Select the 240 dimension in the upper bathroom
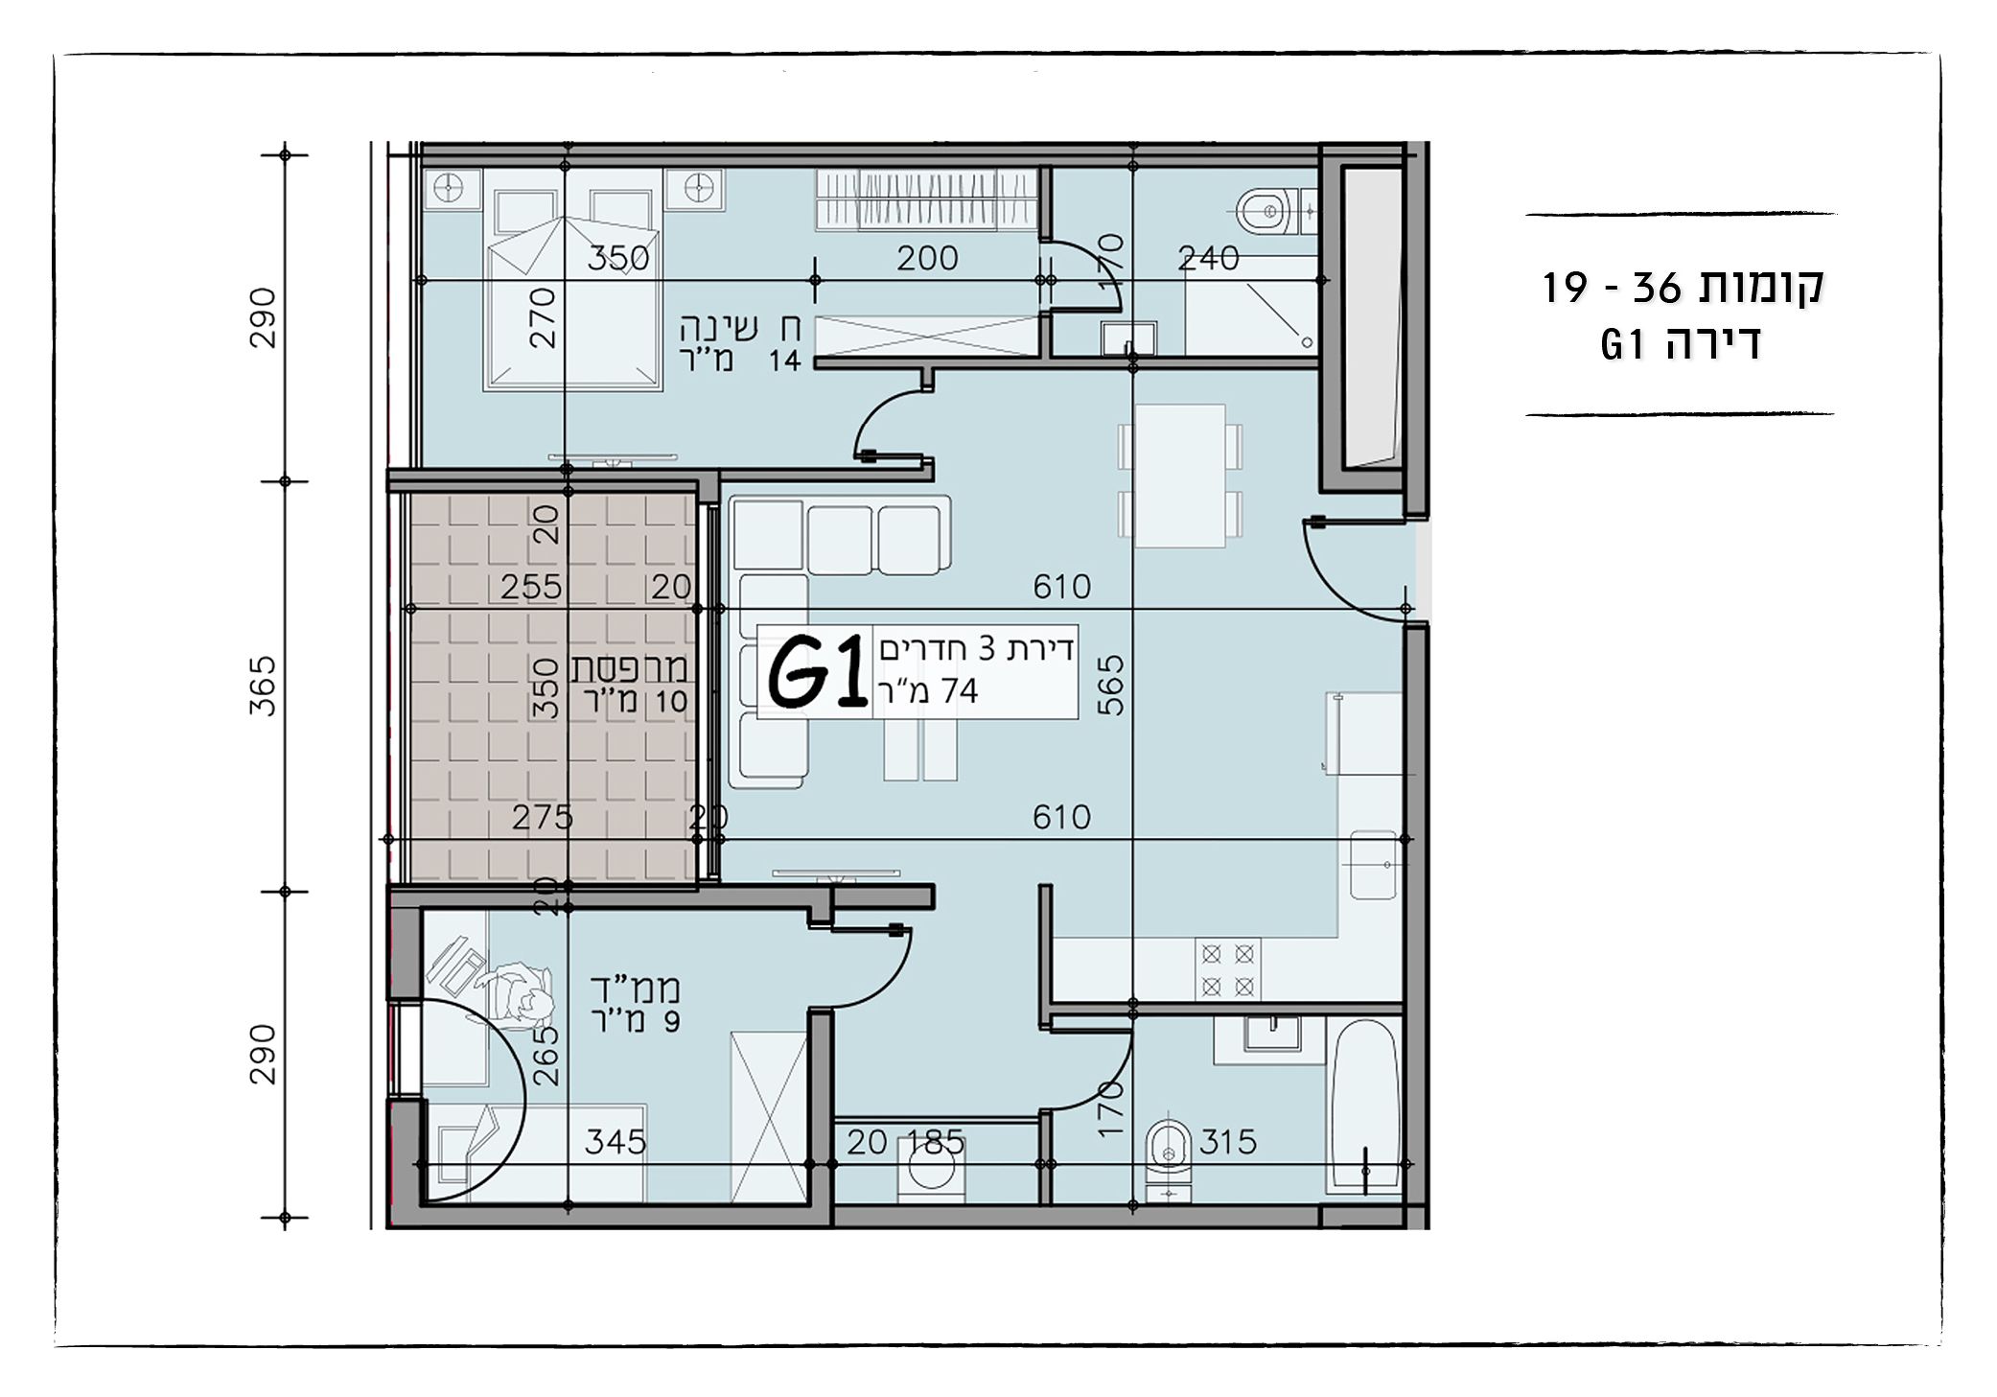tap(1208, 258)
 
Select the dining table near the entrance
tap(1179, 476)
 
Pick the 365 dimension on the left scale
tap(263, 687)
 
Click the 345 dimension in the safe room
tap(615, 1143)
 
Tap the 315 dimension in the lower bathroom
tap(1227, 1142)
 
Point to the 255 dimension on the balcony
tap(531, 587)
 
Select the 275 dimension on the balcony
tap(543, 818)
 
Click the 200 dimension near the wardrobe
tap(927, 258)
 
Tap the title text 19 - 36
tap(1612, 288)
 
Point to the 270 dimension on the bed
tap(542, 317)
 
